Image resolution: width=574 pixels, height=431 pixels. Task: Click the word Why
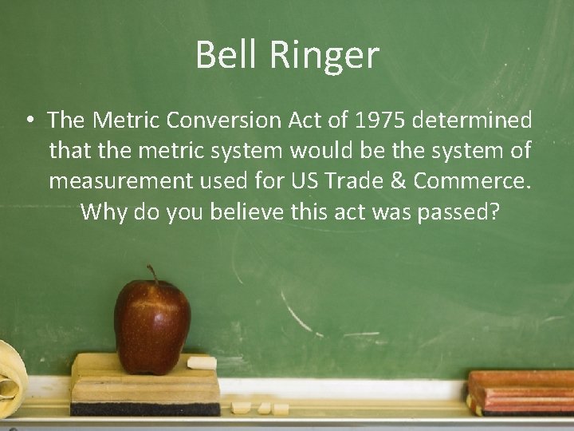click(x=100, y=213)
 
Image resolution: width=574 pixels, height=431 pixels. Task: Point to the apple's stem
click(x=151, y=274)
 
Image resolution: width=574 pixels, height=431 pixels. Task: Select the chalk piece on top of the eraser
click(x=201, y=363)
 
